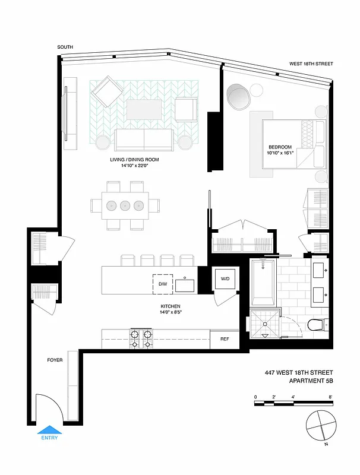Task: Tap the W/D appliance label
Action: [x=225, y=278]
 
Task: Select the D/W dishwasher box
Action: [x=162, y=284]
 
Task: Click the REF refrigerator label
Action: [x=225, y=340]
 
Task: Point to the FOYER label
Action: [x=55, y=360]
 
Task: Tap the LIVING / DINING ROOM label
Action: [x=134, y=160]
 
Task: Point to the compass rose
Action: [x=321, y=426]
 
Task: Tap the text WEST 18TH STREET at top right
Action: [x=311, y=64]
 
